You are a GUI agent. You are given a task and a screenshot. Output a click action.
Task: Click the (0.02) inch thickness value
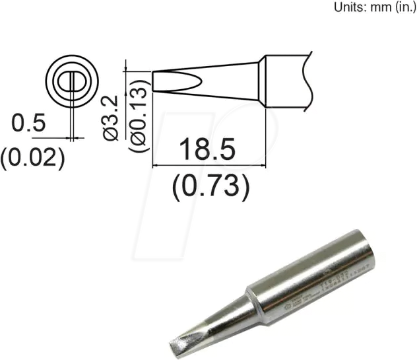coord(32,157)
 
